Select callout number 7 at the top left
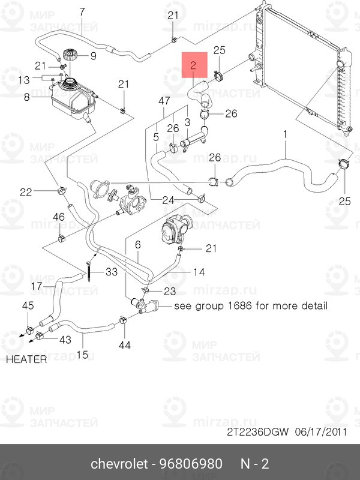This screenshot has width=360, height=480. point(82,11)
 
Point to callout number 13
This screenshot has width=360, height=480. point(23,79)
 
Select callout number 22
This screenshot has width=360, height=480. point(26,192)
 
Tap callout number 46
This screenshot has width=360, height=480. point(59,217)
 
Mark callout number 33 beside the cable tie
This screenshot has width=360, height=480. point(112,272)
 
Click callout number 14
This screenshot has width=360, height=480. point(199,272)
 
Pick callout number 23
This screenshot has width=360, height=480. point(170,291)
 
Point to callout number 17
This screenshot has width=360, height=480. point(36,286)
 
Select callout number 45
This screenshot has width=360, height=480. point(28,306)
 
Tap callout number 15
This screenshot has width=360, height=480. point(82,354)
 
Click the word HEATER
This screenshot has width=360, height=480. point(26,359)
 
